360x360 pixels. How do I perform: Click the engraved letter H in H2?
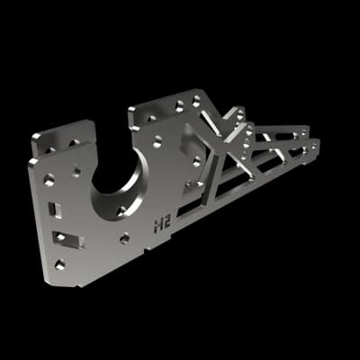coord(158,225)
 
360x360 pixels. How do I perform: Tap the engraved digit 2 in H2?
coord(166,223)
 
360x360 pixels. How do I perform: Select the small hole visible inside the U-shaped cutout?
coord(121,211)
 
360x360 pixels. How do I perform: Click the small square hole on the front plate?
coord(76,171)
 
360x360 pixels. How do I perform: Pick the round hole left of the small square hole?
coord(49,180)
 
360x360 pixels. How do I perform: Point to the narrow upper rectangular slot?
coord(55,210)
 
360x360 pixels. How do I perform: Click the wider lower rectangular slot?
coord(68,239)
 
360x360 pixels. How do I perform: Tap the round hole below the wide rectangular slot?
coord(59,265)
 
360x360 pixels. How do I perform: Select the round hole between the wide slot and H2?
coord(124,238)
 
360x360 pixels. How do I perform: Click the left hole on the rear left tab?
coord(49,149)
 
